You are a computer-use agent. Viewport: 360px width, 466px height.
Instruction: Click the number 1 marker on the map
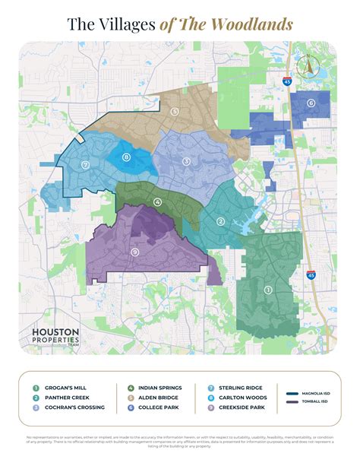267,290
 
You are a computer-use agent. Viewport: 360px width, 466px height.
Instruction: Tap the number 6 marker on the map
311,103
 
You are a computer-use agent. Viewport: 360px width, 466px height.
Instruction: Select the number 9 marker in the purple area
134,252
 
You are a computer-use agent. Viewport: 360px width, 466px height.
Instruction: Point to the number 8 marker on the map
126,157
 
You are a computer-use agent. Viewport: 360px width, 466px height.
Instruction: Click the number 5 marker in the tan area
175,112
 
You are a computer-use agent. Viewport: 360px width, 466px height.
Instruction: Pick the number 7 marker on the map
86,165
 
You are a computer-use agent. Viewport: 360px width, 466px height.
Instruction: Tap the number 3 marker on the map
186,161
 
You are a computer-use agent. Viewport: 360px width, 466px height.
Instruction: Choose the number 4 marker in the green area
157,202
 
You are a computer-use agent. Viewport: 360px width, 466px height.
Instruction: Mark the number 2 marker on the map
221,222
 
